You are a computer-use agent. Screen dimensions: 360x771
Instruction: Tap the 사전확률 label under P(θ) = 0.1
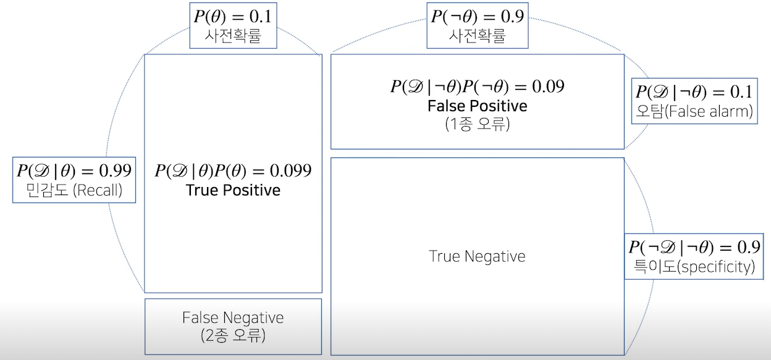(233, 36)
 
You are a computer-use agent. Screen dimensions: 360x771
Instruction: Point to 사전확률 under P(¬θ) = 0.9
(476, 36)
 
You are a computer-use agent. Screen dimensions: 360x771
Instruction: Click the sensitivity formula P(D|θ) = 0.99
(74, 170)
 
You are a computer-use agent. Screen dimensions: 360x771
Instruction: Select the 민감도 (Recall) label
(74, 190)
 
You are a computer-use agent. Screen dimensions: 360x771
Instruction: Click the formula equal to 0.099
(233, 170)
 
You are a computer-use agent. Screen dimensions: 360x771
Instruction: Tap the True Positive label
(233, 190)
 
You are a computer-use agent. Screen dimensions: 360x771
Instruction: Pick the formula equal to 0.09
(477, 86)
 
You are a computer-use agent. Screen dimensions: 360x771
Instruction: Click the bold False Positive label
(477, 106)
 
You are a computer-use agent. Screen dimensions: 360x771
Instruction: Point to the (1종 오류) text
(477, 123)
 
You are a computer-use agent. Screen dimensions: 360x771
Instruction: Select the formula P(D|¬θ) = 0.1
(694, 92)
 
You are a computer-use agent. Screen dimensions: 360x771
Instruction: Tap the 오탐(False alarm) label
(694, 112)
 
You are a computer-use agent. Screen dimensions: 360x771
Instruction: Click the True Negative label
(477, 256)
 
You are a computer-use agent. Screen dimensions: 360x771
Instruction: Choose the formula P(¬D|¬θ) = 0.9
(694, 247)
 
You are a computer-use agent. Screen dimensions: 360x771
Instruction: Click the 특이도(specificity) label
(694, 267)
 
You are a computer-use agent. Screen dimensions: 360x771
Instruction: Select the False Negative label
(233, 317)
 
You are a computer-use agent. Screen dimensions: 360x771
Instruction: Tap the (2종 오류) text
(233, 337)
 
